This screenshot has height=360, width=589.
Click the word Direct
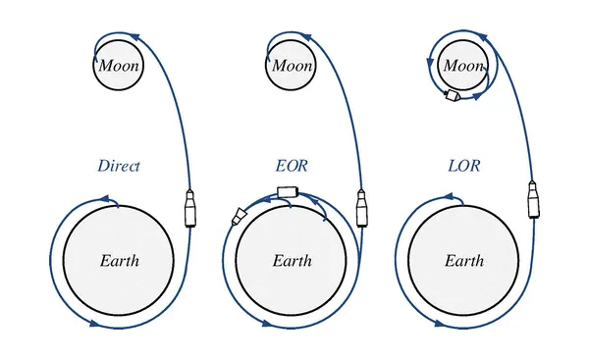point(119,166)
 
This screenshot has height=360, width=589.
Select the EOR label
point(292,166)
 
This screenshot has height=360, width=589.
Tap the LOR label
point(464,166)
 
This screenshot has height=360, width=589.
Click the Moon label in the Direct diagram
point(119,66)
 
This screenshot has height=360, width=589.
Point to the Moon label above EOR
point(292,66)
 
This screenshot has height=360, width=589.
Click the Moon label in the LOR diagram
point(463,66)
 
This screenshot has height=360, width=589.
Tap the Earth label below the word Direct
point(120,261)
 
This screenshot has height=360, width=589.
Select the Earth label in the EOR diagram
point(293,261)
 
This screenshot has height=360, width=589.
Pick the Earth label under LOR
point(464,261)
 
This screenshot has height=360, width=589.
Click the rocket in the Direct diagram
point(190,208)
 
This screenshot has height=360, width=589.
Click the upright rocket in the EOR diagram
point(361,208)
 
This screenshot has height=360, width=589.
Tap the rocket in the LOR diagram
point(533,199)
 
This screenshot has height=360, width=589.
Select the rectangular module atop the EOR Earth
point(288,192)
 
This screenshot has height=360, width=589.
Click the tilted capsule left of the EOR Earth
point(239,217)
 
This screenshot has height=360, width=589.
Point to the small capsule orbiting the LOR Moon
point(452,95)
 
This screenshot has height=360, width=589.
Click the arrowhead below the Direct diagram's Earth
point(95,323)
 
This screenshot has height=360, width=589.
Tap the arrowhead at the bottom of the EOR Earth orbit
point(267,323)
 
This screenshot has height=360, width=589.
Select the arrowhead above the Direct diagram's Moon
point(134,37)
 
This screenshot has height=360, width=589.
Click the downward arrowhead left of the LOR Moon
point(431,63)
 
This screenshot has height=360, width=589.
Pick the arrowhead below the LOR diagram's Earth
point(440,323)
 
